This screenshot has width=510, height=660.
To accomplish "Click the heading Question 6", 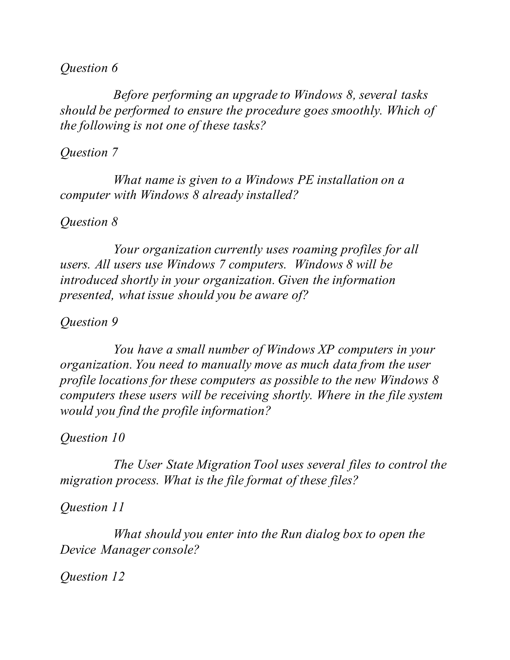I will pyautogui.click(x=89, y=68).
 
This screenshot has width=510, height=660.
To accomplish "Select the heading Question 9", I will pyautogui.click(x=89, y=322).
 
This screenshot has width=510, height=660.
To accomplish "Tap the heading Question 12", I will pyautogui.click(x=92, y=577).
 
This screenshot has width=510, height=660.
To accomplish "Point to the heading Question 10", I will pyautogui.click(x=92, y=438).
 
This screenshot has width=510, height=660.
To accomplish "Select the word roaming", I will pyautogui.click(x=314, y=250).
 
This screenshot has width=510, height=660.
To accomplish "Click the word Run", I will pyautogui.click(x=291, y=534).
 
